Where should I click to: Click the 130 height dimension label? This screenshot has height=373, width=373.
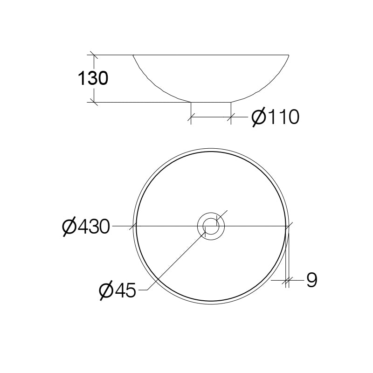[93, 78]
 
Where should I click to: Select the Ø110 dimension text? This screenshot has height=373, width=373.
[275, 117]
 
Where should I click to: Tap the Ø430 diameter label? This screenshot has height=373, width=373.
[86, 227]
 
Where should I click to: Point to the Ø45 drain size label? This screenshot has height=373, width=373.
[117, 291]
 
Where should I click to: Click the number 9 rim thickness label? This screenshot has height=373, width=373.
[311, 280]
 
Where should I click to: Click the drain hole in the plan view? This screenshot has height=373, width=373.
[211, 227]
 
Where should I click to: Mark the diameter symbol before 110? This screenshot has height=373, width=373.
[259, 117]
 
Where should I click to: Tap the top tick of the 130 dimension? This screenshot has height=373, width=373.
[94, 55]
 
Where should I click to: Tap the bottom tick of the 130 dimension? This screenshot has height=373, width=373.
[94, 102]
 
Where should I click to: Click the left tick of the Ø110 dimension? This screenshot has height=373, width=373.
[190, 118]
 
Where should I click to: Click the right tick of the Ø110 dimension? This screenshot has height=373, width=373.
[231, 118]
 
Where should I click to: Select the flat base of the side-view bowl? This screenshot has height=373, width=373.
[211, 102]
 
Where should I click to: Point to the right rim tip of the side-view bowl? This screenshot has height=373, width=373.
[289, 55]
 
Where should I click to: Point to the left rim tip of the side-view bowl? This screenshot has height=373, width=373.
[133, 55]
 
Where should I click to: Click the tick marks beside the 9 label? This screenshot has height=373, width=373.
[287, 280]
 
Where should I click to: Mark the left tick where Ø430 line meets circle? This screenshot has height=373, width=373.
[135, 227]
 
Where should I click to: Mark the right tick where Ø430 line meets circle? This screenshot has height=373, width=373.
[288, 227]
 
